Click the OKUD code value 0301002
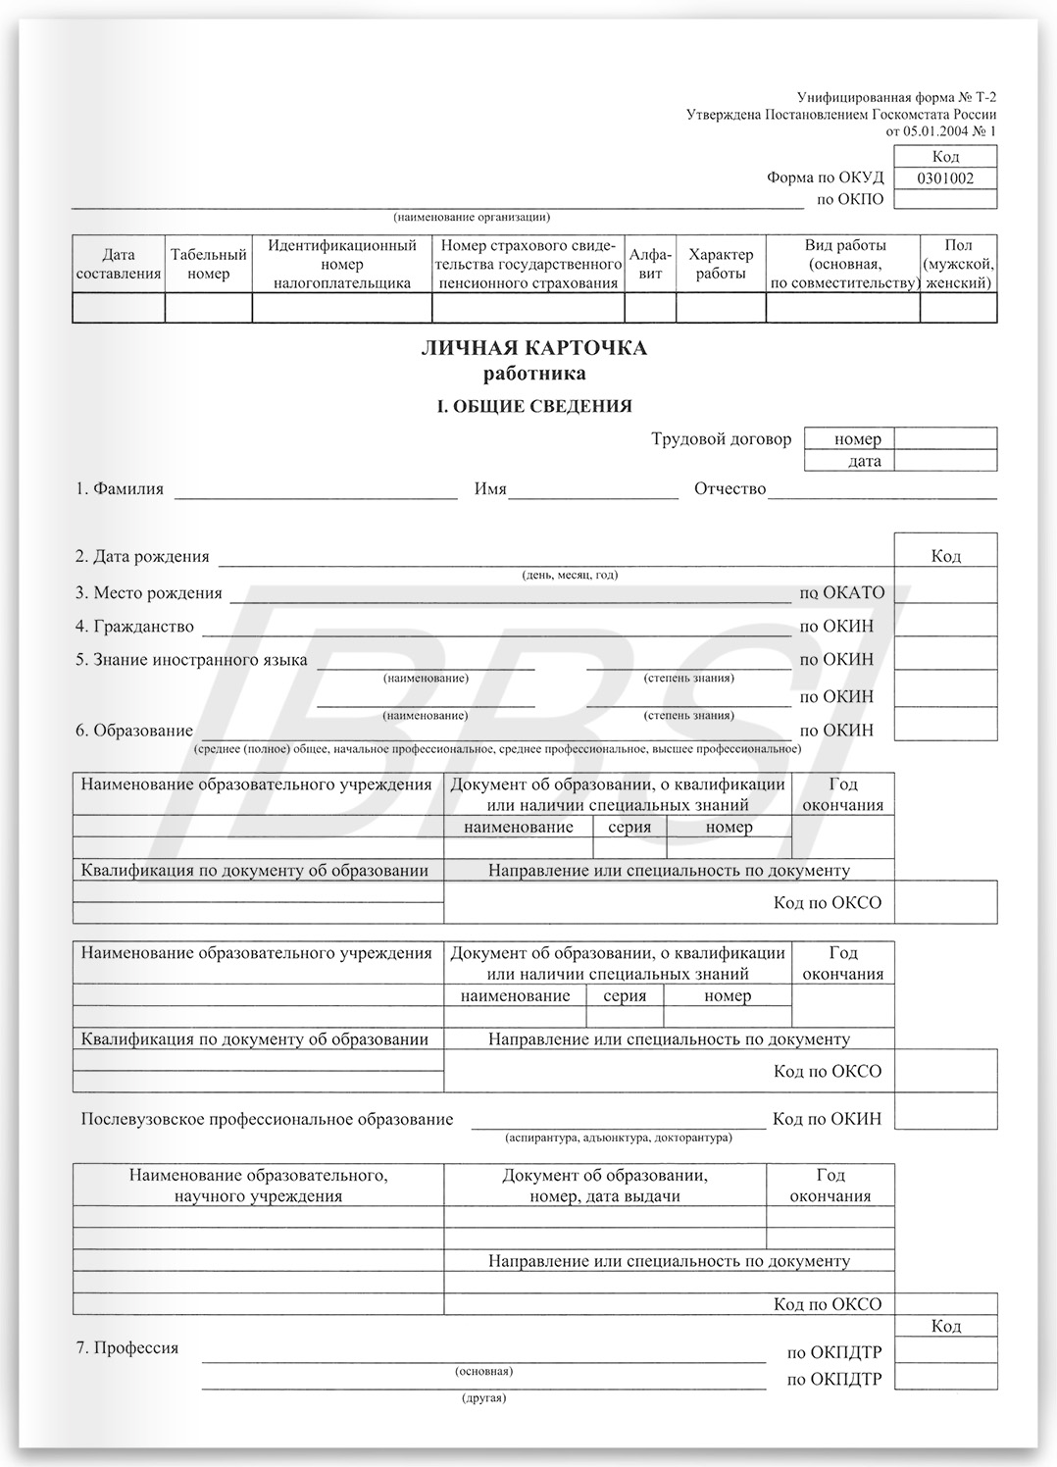945,178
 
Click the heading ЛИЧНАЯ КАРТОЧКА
533,348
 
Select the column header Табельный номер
208,265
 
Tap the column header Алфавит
650,265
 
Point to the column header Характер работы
721,265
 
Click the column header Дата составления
119,265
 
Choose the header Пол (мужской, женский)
958,265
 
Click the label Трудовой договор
721,439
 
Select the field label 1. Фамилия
120,488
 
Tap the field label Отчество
730,488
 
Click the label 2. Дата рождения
142,556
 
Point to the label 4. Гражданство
134,626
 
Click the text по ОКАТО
841,592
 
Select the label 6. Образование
134,731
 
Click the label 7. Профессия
127,1347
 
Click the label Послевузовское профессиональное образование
267,1119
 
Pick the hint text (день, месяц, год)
570,576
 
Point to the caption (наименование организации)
472,217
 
